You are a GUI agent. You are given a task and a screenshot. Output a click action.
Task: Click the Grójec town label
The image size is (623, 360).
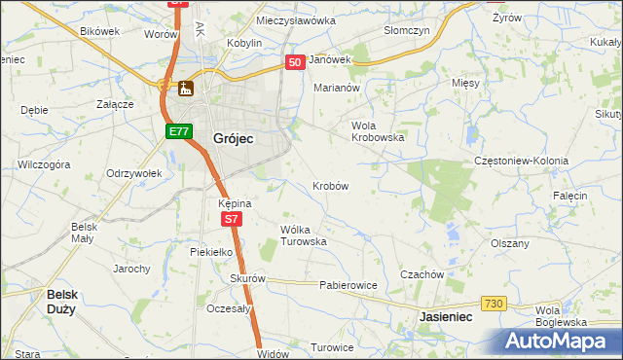click(233, 139)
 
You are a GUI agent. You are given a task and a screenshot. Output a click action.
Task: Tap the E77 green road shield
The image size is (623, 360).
click(177, 131)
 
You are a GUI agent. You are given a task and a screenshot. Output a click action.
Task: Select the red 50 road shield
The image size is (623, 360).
click(295, 61)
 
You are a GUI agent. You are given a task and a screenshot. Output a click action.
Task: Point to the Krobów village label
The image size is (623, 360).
click(331, 185)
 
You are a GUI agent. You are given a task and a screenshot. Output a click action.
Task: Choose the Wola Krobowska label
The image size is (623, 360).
click(377, 131)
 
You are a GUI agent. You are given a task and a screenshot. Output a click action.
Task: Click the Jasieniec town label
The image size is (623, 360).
click(445, 317)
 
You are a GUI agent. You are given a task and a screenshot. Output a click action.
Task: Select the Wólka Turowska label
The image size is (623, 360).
click(303, 235)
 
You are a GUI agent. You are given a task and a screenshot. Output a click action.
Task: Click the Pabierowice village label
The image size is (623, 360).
click(348, 286)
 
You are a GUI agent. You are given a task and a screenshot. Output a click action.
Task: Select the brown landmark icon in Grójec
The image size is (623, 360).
click(185, 89)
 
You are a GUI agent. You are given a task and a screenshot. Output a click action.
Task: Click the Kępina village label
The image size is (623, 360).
click(236, 203)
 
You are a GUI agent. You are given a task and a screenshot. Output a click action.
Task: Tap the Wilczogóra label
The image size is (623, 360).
click(44, 164)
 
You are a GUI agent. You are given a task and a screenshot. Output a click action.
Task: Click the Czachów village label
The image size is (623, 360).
click(421, 274)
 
